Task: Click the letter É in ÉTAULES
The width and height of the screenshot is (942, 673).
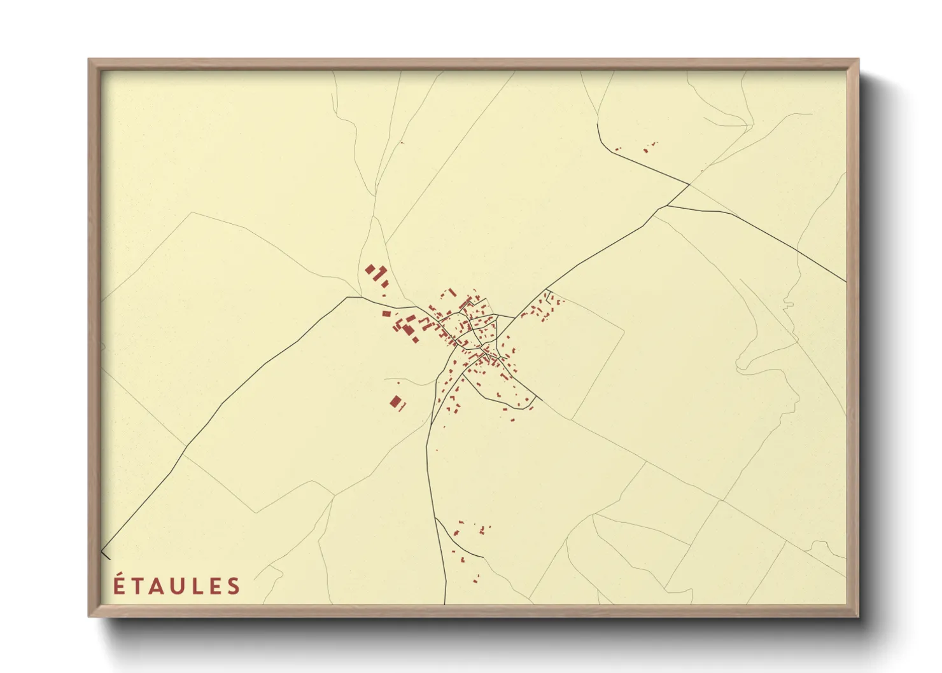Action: tap(119, 585)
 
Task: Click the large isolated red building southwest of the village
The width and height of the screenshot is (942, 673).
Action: tap(396, 401)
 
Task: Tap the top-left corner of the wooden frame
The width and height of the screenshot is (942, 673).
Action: tap(89, 60)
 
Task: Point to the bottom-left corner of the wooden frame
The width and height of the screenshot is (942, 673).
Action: tap(89, 616)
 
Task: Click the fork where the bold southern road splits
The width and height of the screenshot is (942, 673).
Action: tap(435, 518)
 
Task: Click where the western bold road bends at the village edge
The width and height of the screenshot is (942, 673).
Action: tap(348, 297)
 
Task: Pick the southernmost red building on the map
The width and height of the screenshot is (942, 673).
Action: tap(475, 579)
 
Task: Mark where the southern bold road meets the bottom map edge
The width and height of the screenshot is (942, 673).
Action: tap(445, 603)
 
